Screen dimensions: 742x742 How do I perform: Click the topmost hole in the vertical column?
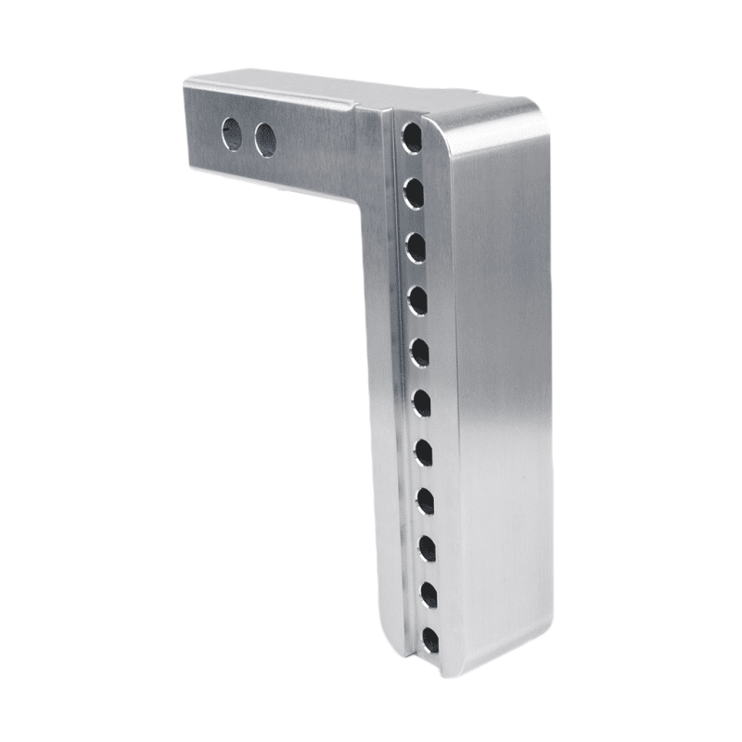point(411,139)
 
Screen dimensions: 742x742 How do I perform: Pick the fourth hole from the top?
point(417,300)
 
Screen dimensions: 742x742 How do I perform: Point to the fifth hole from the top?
point(419,352)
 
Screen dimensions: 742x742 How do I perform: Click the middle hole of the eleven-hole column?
point(421,403)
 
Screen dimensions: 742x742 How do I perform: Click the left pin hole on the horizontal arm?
point(233,134)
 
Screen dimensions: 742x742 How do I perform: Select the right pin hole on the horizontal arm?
point(265,139)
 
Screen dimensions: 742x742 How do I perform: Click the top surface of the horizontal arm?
point(306,93)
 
